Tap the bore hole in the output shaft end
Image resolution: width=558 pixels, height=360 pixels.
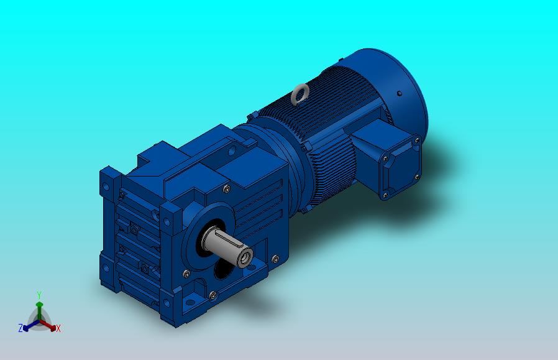pos(246,257)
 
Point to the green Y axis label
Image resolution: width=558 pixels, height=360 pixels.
pos(39,295)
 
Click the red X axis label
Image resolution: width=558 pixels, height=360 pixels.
pos(58,328)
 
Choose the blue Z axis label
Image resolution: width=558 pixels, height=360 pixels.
pos(21,328)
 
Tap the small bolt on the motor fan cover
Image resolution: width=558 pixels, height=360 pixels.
pos(400,93)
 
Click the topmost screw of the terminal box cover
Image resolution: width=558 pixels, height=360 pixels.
pos(416,141)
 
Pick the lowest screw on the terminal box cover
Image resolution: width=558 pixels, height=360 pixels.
pos(385,195)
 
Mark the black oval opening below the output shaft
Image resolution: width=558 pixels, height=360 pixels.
pos(223,269)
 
